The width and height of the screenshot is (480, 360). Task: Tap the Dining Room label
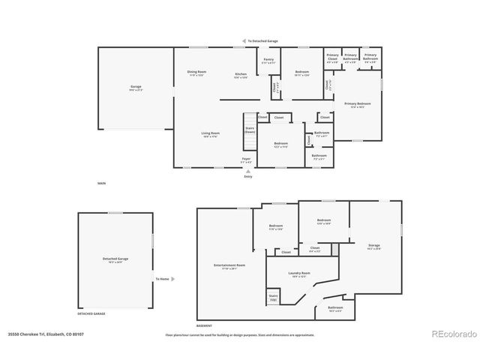(x=196, y=73)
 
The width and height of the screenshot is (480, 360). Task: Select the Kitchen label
(x=241, y=74)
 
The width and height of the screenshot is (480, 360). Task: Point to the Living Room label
(x=210, y=135)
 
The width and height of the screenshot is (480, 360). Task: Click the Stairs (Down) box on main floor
(x=248, y=128)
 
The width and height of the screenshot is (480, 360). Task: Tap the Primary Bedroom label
(x=358, y=104)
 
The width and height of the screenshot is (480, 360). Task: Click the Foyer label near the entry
(x=245, y=160)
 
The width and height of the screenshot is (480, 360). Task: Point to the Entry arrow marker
(x=247, y=173)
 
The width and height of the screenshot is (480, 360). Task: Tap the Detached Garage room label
(x=115, y=260)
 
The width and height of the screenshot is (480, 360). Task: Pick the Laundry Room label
(x=299, y=274)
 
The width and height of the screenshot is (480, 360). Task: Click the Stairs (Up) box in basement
(x=273, y=297)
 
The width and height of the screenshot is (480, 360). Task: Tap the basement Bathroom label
(x=335, y=308)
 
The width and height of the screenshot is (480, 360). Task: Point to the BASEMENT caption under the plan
(x=203, y=326)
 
